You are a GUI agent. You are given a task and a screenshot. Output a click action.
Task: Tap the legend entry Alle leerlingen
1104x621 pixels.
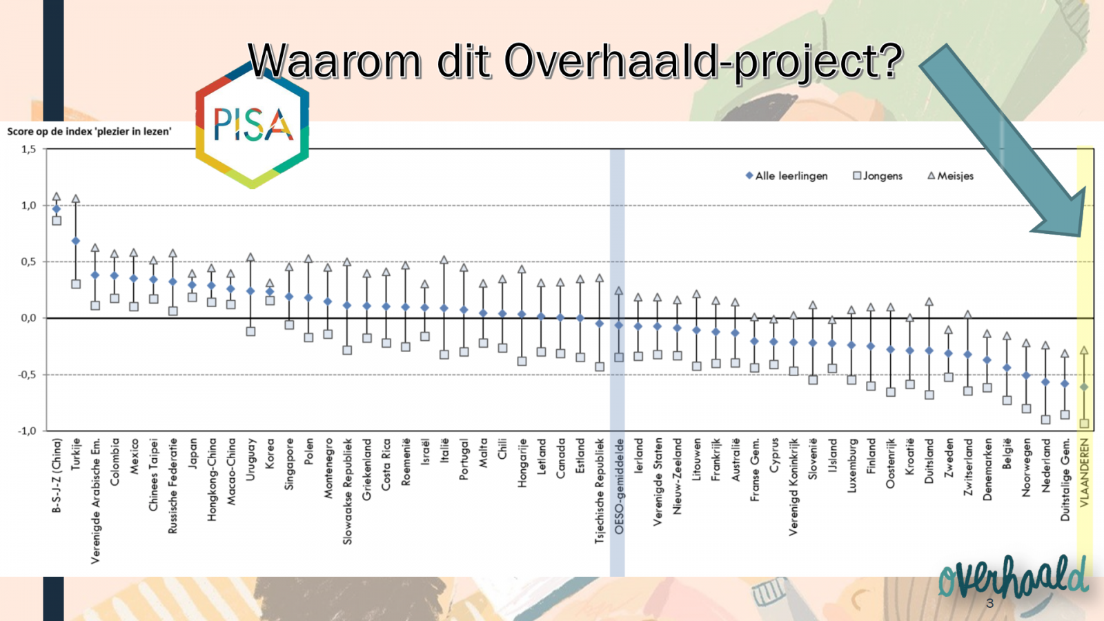point(787,176)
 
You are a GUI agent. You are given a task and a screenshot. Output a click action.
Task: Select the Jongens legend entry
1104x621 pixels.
point(878,176)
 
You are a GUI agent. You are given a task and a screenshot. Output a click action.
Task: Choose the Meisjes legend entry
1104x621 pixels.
point(951,176)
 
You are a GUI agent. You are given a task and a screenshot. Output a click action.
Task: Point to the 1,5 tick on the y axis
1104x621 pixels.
point(28,149)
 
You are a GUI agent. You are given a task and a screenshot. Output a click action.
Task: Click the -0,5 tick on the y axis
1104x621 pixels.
point(27,375)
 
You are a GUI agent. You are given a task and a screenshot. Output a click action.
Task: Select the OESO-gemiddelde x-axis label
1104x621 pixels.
point(619,486)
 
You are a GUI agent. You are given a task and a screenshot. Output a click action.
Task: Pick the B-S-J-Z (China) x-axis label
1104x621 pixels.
point(57,475)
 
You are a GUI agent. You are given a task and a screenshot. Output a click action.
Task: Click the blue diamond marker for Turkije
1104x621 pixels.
point(76,241)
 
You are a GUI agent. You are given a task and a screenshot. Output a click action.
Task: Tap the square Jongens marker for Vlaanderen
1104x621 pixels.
point(1084,424)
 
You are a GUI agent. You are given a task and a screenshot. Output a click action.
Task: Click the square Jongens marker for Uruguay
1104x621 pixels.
point(250,332)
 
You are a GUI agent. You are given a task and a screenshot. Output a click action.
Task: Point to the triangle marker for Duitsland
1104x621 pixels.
point(929,302)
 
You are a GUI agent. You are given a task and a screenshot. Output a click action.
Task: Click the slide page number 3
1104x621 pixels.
point(989,603)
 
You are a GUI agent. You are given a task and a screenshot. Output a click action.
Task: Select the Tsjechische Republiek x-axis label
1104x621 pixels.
point(600,491)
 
